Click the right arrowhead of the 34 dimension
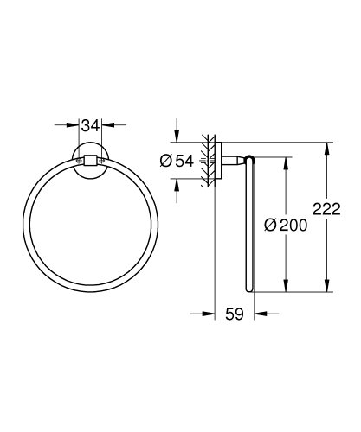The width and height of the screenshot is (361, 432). pyautogui.click(x=103, y=125)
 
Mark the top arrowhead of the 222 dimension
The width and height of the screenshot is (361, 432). pyautogui.click(x=327, y=147)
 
